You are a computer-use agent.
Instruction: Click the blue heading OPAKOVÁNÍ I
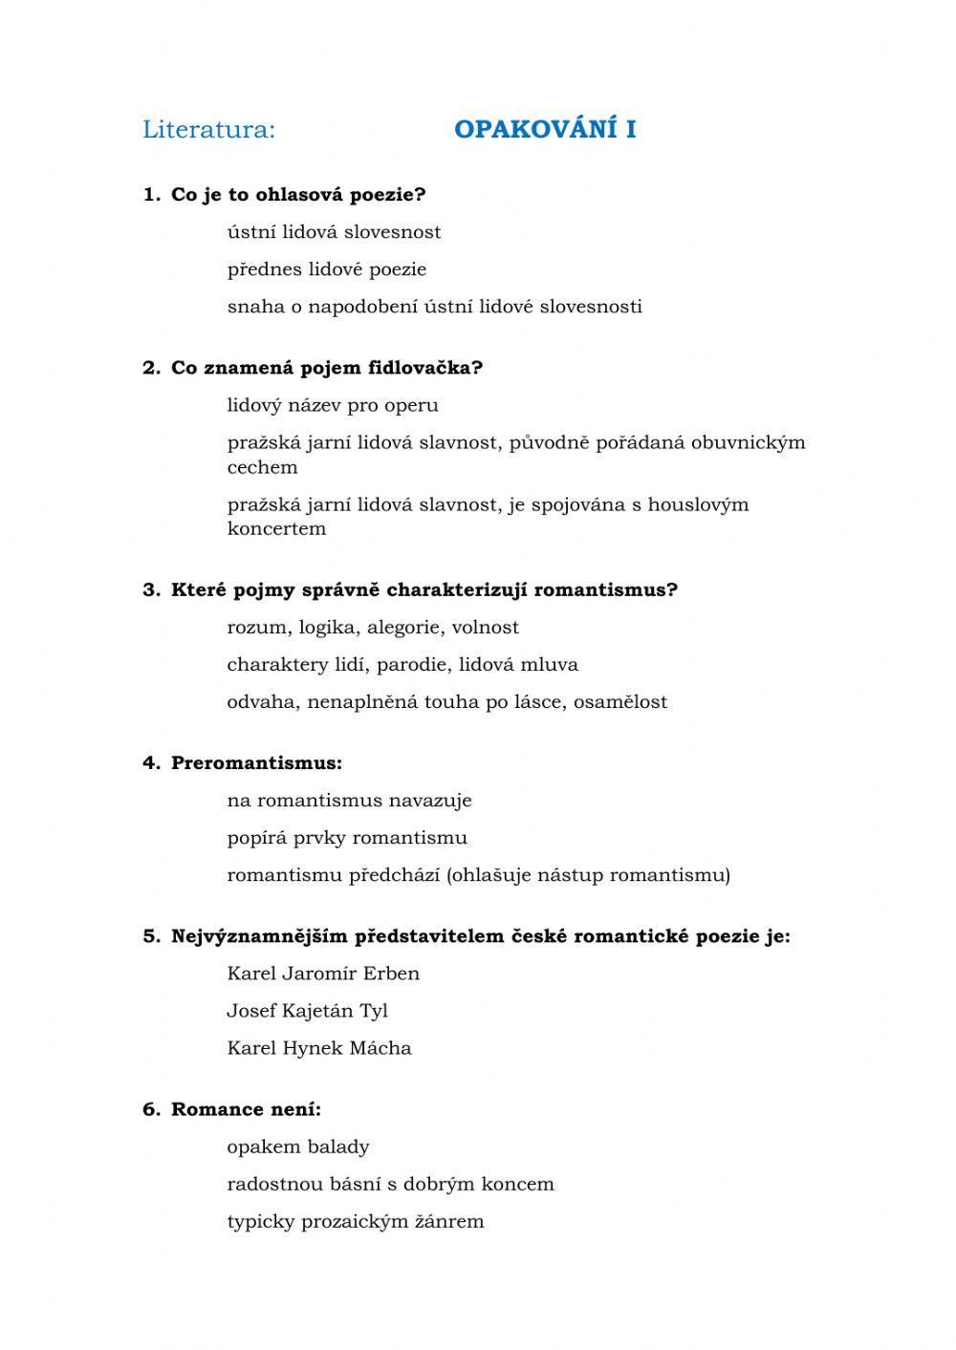point(545,130)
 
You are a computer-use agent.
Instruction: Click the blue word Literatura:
point(208,130)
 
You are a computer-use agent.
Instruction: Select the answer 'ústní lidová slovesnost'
point(334,232)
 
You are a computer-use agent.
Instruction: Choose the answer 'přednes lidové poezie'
point(326,269)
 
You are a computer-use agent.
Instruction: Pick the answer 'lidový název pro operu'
point(333,405)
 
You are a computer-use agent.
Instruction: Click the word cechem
point(262,467)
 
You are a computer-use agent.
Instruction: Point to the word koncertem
point(276,528)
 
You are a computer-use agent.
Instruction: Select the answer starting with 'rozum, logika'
point(373,628)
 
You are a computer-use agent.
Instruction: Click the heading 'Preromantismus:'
point(256,763)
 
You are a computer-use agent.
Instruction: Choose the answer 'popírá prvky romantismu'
point(347,838)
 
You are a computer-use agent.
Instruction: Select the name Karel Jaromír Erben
point(323,974)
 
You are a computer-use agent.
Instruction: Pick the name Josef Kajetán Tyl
point(307,1011)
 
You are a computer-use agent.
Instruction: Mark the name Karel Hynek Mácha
point(319,1048)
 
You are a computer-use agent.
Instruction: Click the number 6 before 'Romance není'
point(151,1109)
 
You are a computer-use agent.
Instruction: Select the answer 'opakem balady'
point(297,1146)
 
